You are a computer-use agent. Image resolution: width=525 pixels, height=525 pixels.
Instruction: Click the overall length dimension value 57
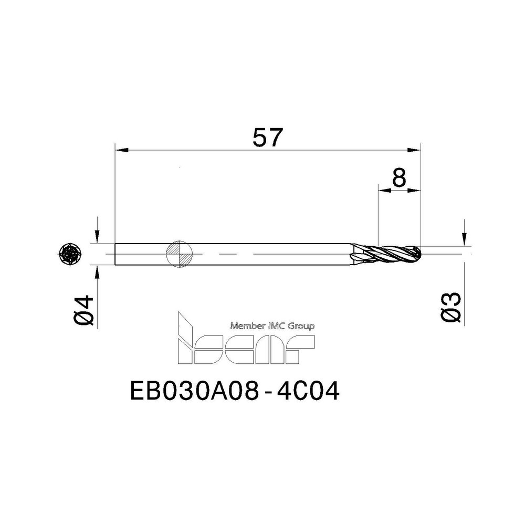point(268,138)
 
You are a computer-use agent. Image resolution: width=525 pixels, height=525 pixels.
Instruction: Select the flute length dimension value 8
point(399,179)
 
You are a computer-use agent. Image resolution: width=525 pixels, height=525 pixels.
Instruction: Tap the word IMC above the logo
point(277,326)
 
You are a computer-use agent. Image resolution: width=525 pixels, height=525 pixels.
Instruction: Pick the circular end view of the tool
point(70,255)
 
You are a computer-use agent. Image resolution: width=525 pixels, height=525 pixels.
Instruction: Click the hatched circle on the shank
point(179,254)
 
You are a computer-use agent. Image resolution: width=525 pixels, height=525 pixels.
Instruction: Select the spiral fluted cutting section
point(386,254)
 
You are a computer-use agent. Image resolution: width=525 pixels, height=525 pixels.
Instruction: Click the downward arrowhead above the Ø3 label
point(464,239)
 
